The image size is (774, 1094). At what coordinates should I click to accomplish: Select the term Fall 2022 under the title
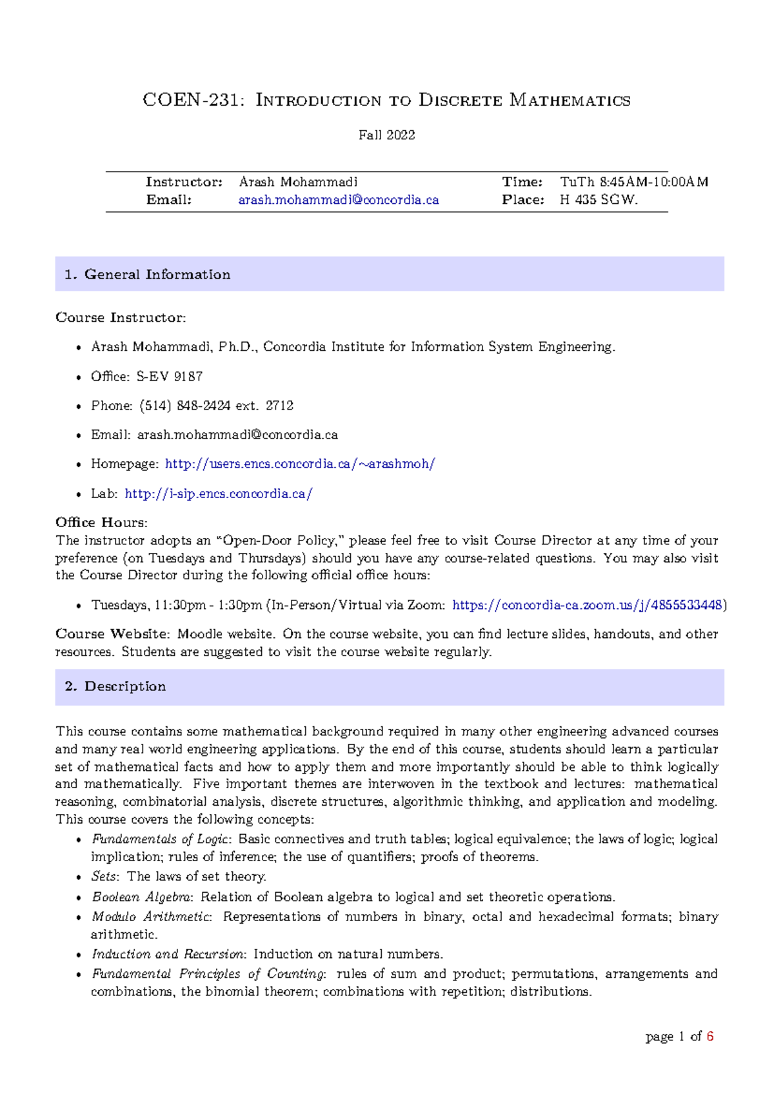(386, 135)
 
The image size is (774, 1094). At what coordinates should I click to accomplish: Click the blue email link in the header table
(339, 200)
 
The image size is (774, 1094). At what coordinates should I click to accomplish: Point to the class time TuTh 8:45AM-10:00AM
(634, 182)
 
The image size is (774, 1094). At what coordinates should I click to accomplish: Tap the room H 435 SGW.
(599, 200)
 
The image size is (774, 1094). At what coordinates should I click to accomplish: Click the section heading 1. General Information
(148, 274)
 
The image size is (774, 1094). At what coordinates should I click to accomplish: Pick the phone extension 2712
(279, 406)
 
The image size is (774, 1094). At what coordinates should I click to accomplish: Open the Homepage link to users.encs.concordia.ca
(300, 464)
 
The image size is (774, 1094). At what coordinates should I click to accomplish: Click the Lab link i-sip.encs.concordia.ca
(219, 493)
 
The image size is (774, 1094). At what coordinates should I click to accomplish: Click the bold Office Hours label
(101, 522)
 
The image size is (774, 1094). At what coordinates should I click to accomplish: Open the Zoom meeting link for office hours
(587, 605)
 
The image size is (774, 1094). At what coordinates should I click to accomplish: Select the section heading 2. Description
(115, 686)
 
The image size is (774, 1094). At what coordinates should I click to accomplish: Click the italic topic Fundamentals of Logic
(161, 839)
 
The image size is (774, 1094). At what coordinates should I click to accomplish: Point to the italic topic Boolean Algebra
(142, 897)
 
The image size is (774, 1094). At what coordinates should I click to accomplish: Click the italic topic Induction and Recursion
(168, 954)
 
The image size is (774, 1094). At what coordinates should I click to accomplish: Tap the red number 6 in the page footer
(710, 1037)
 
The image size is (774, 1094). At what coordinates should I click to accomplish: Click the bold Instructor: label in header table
(184, 182)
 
